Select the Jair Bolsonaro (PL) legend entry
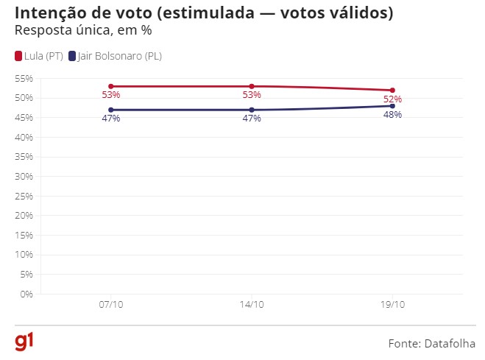[115, 56]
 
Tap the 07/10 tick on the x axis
[111, 305]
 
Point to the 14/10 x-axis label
[252, 305]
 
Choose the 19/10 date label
[392, 305]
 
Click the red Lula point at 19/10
[392, 91]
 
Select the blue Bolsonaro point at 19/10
[392, 106]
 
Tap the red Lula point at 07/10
[111, 86]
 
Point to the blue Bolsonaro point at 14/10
[252, 110]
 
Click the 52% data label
[392, 99]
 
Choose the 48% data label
[392, 116]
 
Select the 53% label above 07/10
[111, 95]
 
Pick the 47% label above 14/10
[252, 119]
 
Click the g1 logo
[24, 342]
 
